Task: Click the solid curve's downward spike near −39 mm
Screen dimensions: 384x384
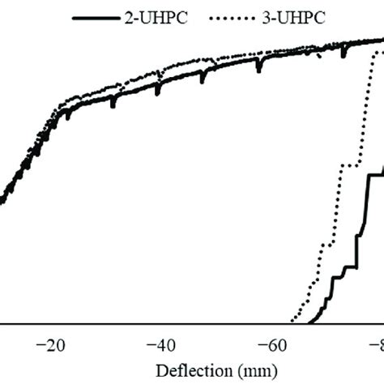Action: point(157,92)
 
